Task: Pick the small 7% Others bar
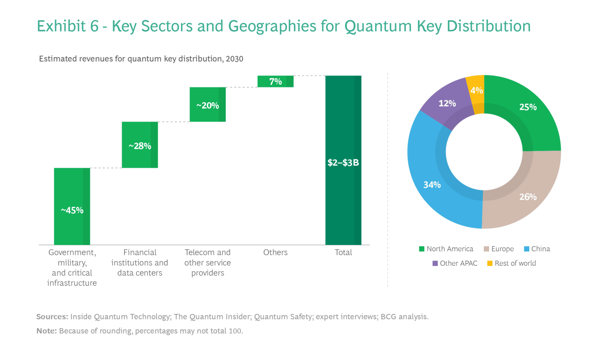[x=275, y=81]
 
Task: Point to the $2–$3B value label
[x=343, y=163]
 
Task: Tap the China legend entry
[x=537, y=249]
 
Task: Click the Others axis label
[x=275, y=252]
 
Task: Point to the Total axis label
[x=343, y=252]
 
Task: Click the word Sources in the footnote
[x=52, y=316]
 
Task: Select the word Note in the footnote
[x=46, y=331]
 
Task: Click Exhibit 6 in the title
[x=68, y=26]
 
